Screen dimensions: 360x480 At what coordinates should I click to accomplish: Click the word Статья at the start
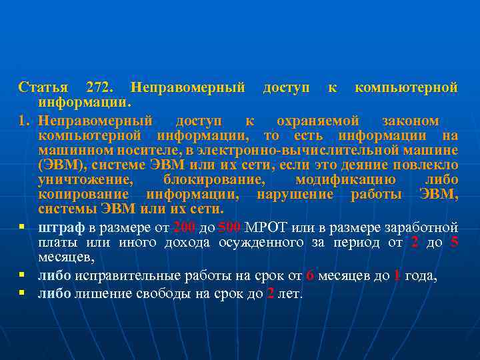coord(43,87)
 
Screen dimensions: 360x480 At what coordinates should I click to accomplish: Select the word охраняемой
coord(318,121)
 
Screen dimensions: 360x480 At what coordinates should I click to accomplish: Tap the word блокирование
coord(213,179)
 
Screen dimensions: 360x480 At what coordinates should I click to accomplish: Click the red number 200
coord(183,227)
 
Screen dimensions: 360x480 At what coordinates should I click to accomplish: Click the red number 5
coord(454,242)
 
